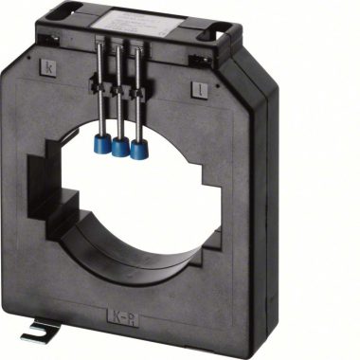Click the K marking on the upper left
48,66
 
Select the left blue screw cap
101,143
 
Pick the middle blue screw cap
120,147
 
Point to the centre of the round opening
137,199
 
